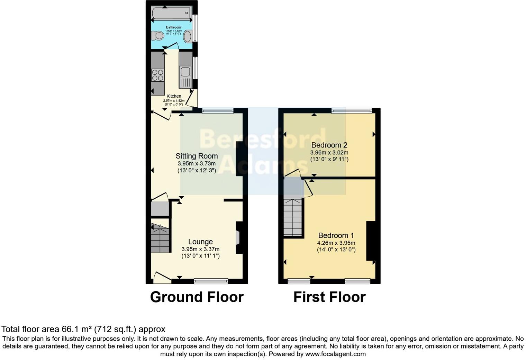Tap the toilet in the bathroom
coord(158,36)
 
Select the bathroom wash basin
coord(188,36)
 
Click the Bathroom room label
coord(173,27)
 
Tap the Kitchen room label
coord(174,96)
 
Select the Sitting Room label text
coord(197,156)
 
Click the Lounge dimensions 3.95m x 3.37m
coord(200,249)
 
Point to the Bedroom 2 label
coord(329,145)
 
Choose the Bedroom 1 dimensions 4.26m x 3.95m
coord(336,243)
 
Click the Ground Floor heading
coord(197,297)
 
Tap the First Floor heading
coord(329,297)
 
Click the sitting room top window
coord(218,111)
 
